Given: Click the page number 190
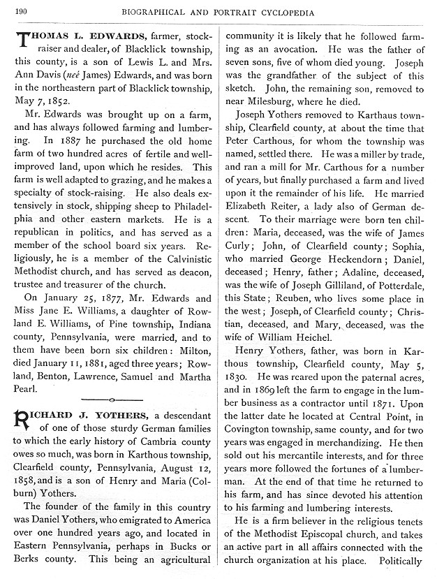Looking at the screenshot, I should pos(20,11).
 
